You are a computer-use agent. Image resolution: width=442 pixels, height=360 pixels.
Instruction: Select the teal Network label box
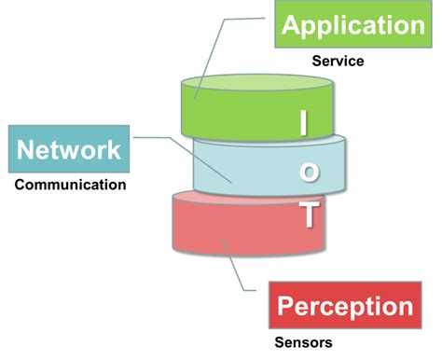tap(69, 150)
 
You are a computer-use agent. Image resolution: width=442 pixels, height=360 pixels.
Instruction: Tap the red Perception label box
tap(344, 307)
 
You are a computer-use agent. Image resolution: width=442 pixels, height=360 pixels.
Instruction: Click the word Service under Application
tap(338, 62)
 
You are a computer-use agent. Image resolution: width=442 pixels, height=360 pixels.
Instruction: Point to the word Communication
tap(70, 184)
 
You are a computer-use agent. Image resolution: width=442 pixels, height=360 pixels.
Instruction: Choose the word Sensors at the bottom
tap(303, 342)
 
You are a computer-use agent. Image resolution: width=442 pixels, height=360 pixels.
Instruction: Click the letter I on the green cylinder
tap(302, 122)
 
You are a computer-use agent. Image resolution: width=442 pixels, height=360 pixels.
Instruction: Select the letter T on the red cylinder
tap(307, 215)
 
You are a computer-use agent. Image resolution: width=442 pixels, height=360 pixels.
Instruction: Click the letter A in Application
tap(291, 25)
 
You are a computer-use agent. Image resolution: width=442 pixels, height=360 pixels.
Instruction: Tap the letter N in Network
tap(26, 150)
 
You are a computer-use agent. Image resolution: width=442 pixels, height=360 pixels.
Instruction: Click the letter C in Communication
tap(20, 184)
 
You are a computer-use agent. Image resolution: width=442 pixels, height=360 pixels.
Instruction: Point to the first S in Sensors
tap(279, 342)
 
